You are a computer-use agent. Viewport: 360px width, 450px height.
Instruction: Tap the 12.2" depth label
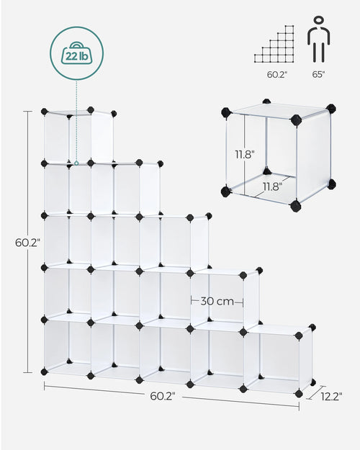331,395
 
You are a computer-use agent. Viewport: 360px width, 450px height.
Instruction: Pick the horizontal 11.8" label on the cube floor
271,186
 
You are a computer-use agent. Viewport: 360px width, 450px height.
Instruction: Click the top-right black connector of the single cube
330,109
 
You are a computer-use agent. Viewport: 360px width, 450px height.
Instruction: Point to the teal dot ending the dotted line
77,163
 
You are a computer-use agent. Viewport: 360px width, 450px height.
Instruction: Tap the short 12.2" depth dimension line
314,392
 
